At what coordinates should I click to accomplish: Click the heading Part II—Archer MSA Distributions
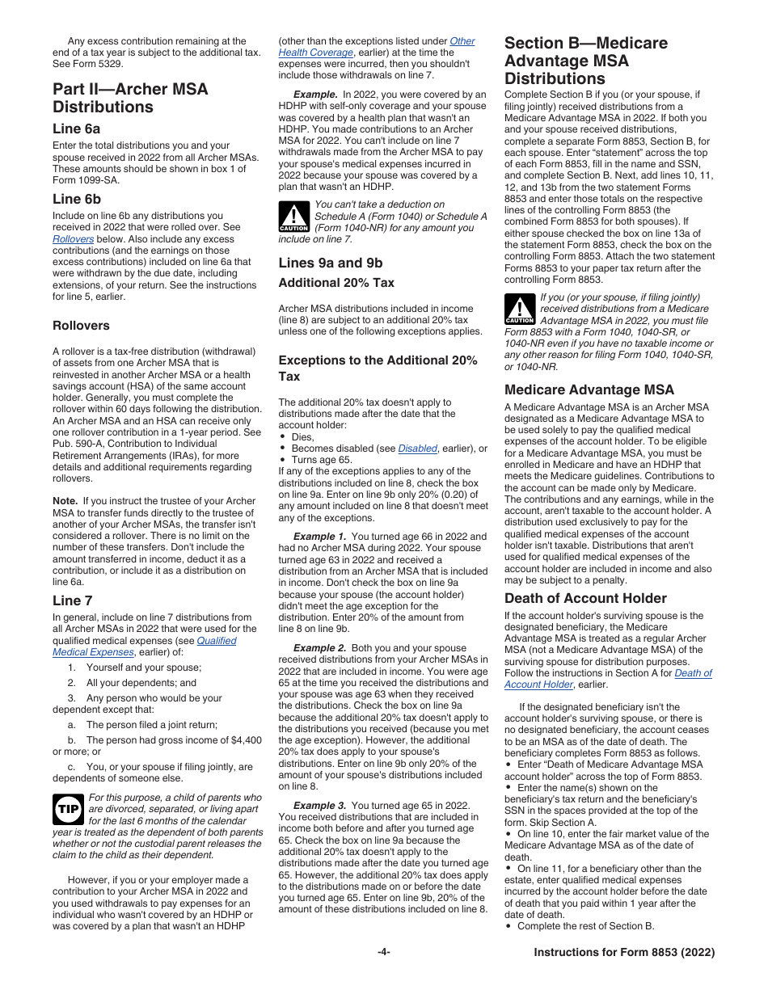pyautogui.click(x=130, y=98)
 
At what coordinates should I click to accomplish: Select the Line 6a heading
pyautogui.click(x=77, y=128)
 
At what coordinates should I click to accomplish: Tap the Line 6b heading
pyautogui.click(x=77, y=199)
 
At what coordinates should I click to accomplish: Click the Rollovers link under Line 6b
pyautogui.click(x=73, y=239)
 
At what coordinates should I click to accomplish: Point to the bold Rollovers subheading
pyautogui.click(x=81, y=326)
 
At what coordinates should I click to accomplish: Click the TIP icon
pyautogui.click(x=68, y=808)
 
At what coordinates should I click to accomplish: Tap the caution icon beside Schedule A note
pyautogui.click(x=293, y=217)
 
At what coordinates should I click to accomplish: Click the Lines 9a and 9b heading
pyautogui.click(x=330, y=263)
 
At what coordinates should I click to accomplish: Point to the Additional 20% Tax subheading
pyautogui.click(x=336, y=283)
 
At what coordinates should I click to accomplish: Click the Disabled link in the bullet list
pyautogui.click(x=417, y=449)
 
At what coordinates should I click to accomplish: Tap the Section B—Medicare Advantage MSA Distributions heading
pyautogui.click(x=585, y=61)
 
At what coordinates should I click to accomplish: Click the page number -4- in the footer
pyautogui.click(x=384, y=952)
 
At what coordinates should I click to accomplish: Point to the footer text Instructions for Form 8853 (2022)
pyautogui.click(x=624, y=952)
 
